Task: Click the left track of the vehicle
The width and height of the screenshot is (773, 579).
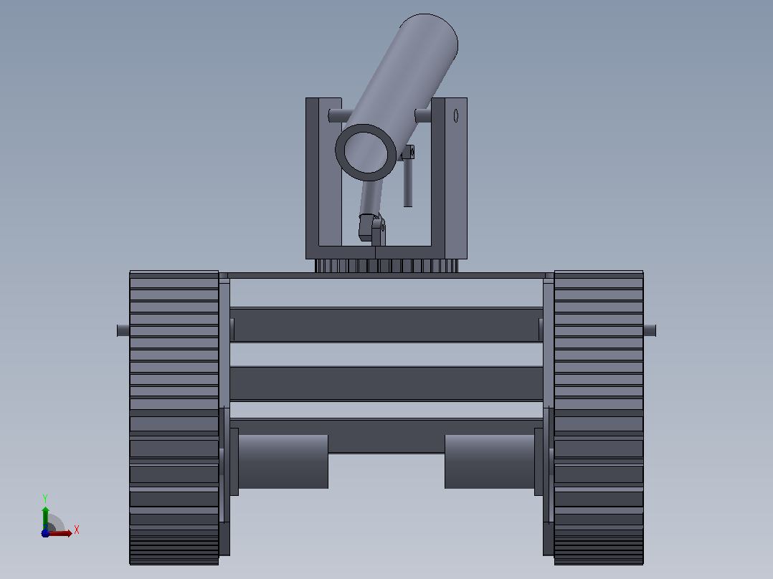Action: coord(174,417)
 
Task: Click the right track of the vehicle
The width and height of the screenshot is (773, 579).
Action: coord(599,417)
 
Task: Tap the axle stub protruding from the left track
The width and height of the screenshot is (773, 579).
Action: coord(123,330)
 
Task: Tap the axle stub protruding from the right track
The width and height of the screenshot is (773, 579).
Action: coord(650,330)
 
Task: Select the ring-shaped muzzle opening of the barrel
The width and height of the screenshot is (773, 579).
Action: coord(366,152)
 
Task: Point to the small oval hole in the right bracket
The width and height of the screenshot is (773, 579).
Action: coord(456,116)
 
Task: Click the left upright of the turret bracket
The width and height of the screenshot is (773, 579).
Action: coord(312,178)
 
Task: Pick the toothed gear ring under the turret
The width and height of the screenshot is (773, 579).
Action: coord(386,266)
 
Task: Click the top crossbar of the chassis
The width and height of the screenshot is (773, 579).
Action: coord(386,324)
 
